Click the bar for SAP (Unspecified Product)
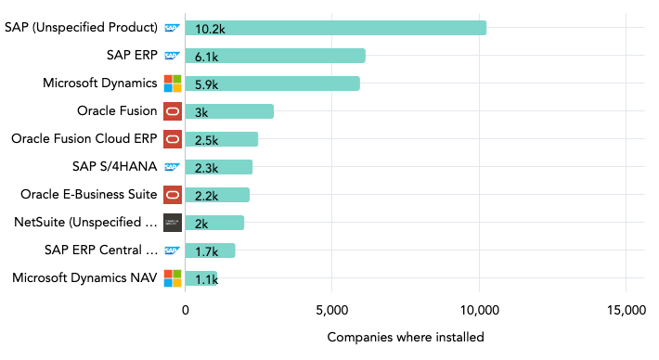pos(335,28)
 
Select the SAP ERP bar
pos(275,56)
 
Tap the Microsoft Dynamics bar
pos(272,84)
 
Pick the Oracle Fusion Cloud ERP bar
pos(221,139)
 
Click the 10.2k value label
pos(210,29)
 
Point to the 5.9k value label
pos(206,84)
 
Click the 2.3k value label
pos(206,168)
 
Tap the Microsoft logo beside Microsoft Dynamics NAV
pos(173,278)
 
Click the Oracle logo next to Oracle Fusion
pos(173,111)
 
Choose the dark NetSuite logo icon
pos(173,223)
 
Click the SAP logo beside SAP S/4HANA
pos(173,167)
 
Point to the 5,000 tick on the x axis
pos(332,310)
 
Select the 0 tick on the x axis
pos(186,310)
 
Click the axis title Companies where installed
pos(406,337)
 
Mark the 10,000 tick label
pos(479,310)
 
